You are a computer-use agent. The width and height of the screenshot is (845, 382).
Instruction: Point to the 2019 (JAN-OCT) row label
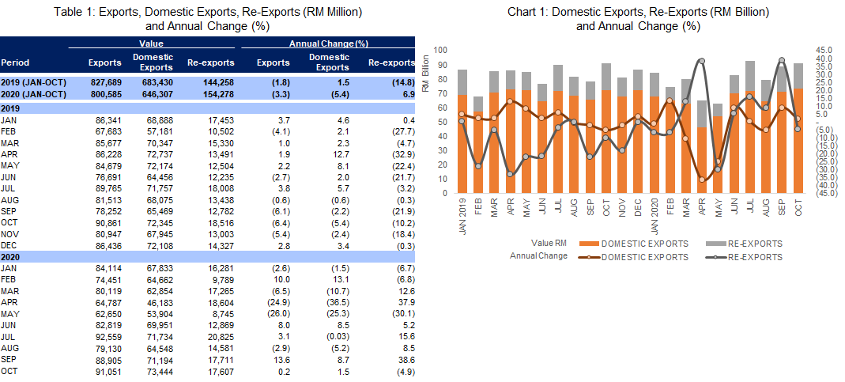click(33, 81)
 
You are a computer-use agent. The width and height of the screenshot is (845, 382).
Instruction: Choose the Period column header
click(15, 62)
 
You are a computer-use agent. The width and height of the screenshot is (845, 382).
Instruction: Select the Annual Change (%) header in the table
click(329, 44)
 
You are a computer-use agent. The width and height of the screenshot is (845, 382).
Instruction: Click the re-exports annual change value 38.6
click(405, 357)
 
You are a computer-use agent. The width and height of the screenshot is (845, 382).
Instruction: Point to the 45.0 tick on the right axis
click(824, 50)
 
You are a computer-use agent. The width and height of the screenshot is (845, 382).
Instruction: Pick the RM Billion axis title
click(424, 73)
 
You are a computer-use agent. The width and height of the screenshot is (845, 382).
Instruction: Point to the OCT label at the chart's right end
click(798, 205)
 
